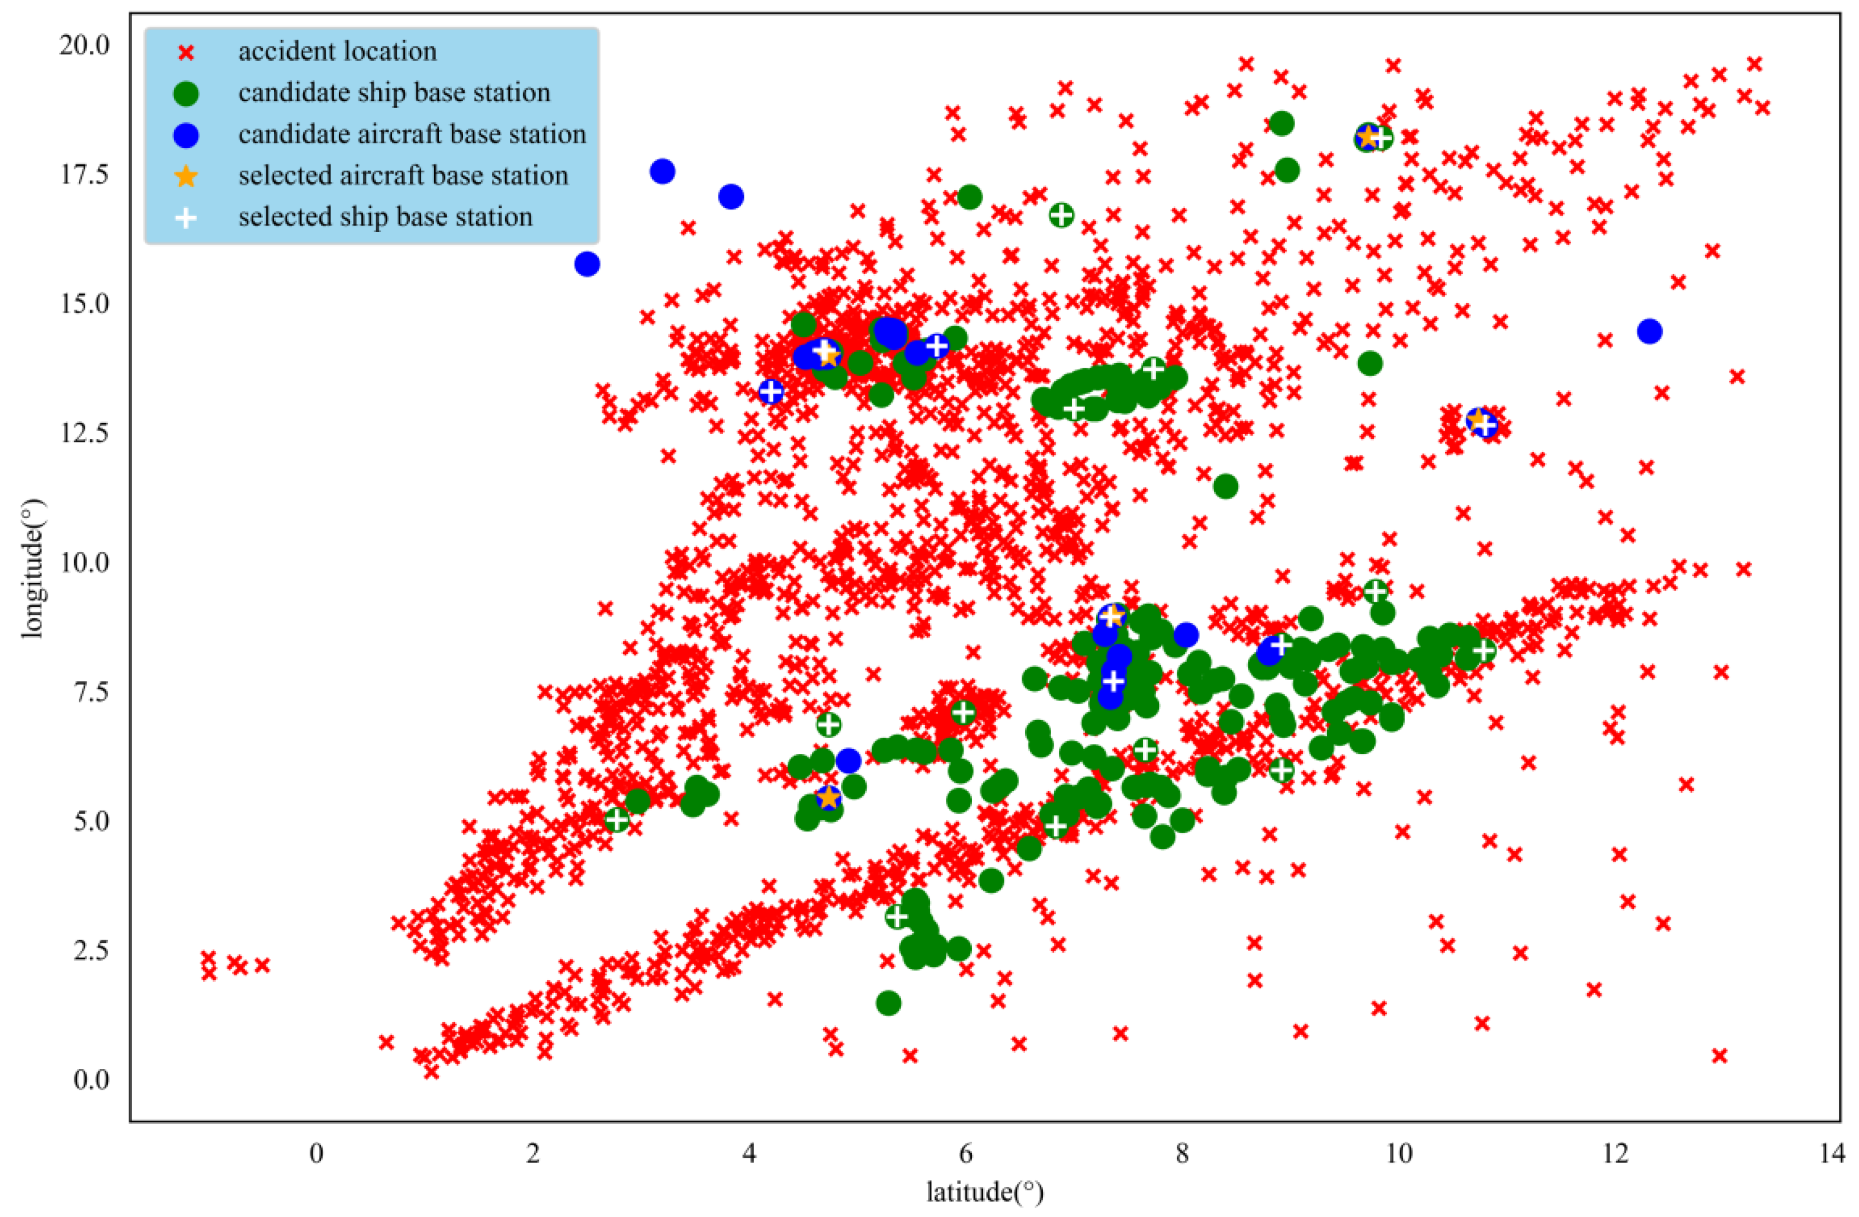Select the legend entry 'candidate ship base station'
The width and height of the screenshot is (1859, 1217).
pos(394,93)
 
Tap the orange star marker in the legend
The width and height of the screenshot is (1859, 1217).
pos(186,176)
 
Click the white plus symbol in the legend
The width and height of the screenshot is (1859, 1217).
pos(186,218)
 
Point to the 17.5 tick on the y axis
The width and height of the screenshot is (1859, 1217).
pos(84,174)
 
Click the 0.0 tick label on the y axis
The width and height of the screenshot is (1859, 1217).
pos(91,1080)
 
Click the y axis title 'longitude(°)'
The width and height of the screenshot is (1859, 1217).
pos(33,568)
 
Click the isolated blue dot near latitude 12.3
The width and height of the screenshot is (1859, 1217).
pos(1649,331)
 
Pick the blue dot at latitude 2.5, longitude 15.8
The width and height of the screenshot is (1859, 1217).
pos(586,264)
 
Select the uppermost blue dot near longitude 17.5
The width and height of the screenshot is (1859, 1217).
pos(662,171)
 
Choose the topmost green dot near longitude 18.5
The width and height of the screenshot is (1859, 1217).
pos(1282,123)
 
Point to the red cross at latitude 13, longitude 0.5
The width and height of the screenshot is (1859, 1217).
pos(1719,1055)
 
